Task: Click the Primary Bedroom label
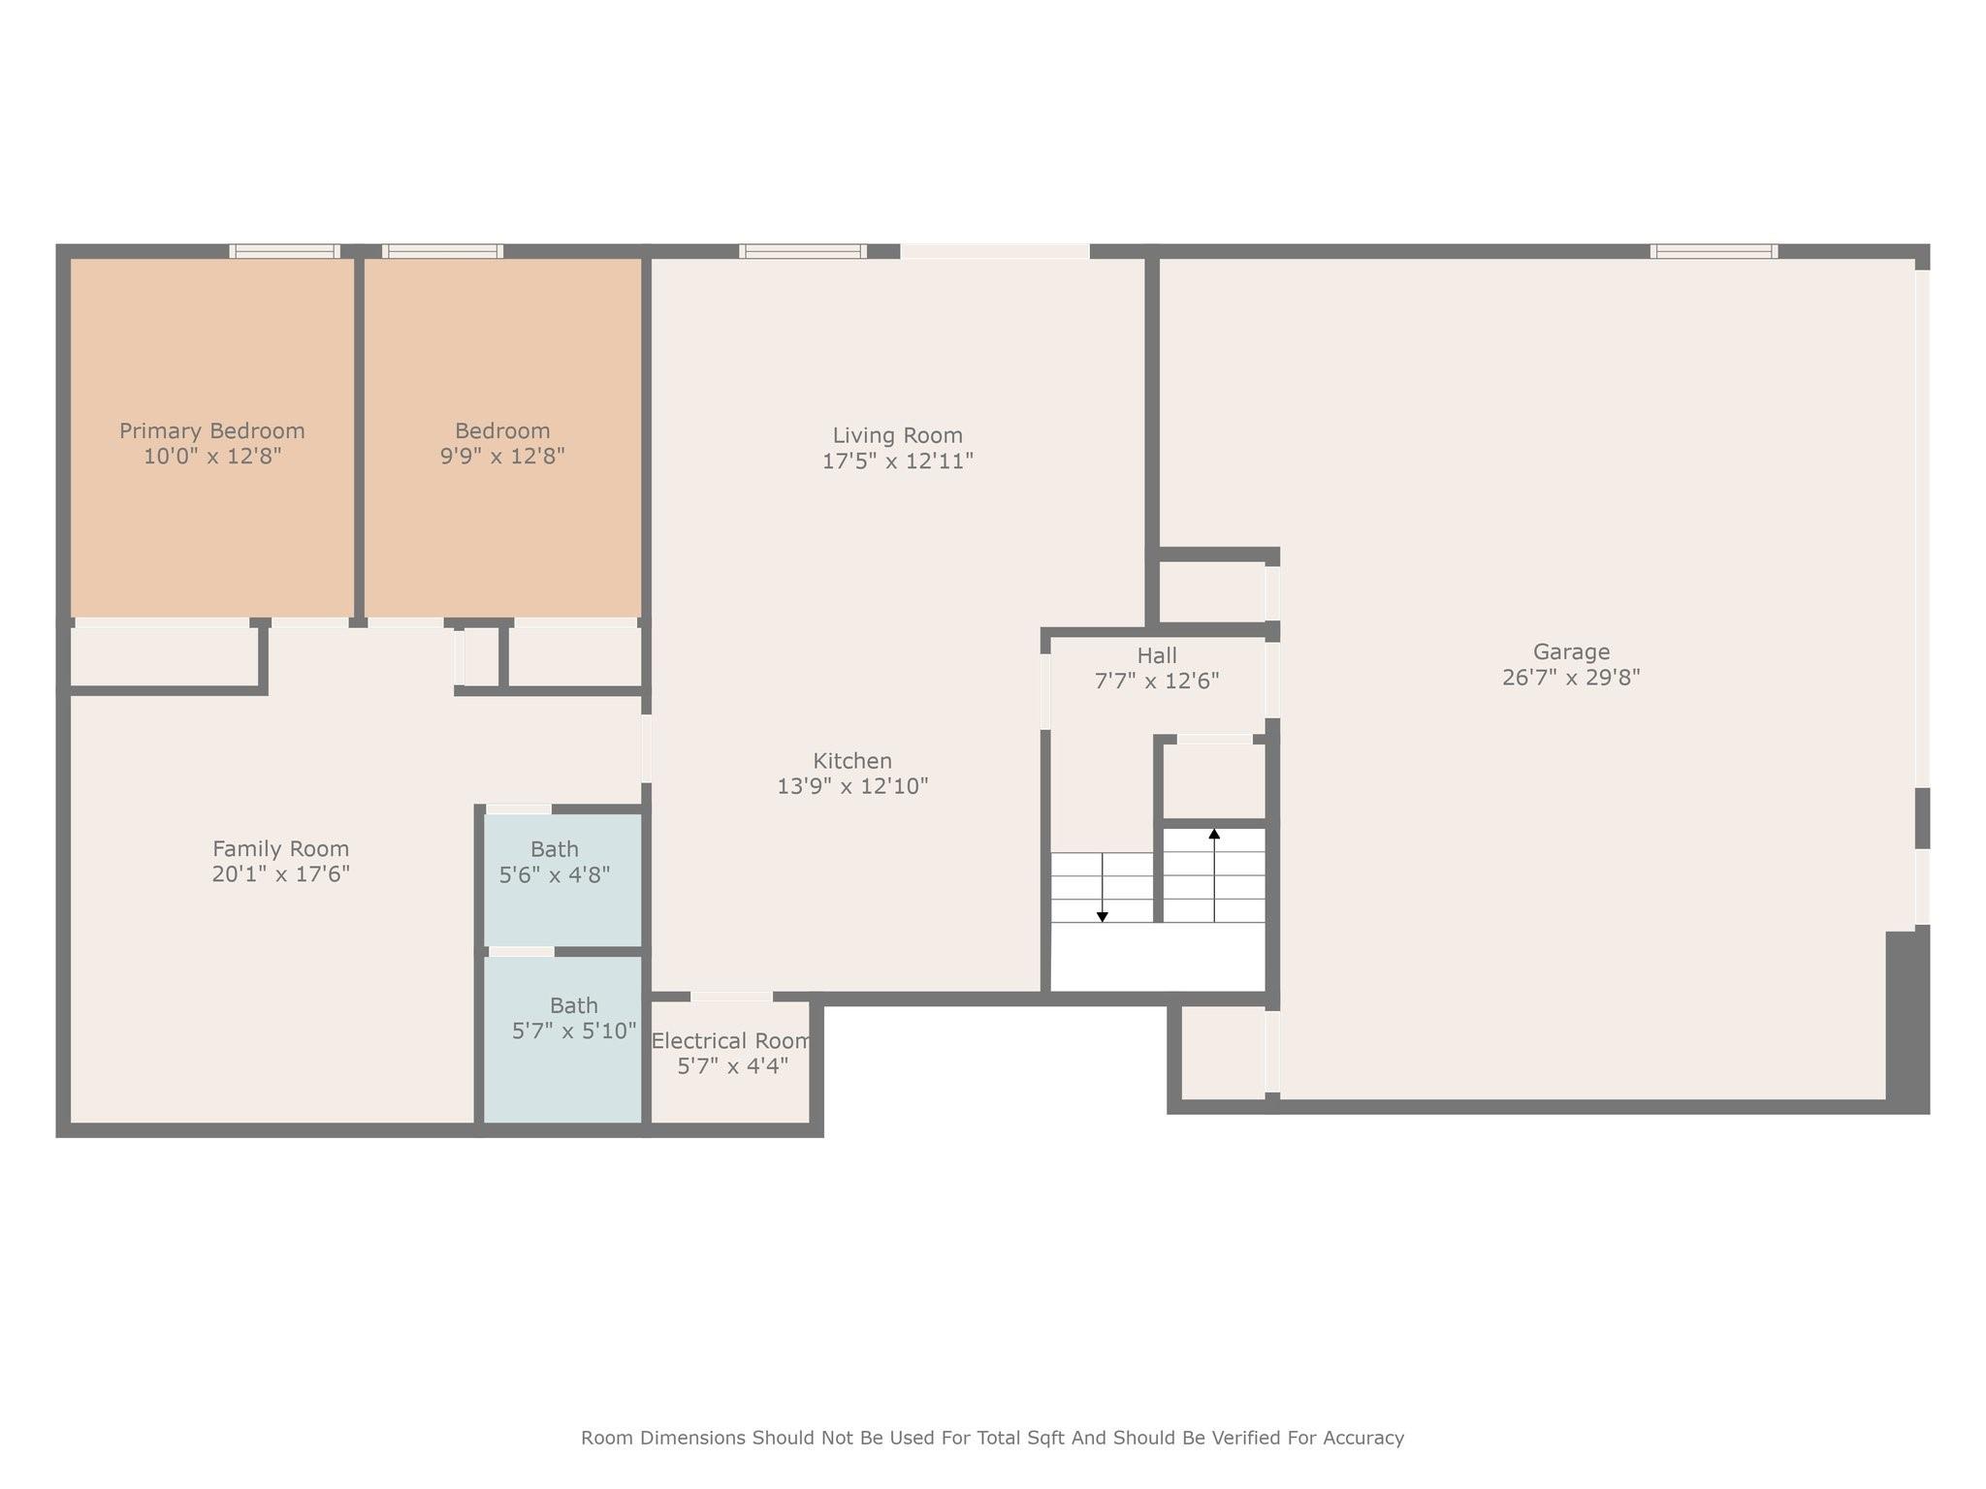211,431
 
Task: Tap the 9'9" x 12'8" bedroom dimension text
502,456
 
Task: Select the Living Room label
897,436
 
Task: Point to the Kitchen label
852,761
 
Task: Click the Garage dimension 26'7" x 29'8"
1571,678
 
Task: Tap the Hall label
1157,656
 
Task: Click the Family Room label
280,849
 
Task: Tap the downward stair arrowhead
1103,917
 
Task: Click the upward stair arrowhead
1214,834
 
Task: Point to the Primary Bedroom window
284,251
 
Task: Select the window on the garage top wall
1714,251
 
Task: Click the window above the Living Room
803,251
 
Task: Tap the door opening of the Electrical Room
731,997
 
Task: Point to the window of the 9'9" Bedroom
442,251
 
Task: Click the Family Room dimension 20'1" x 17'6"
280,874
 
